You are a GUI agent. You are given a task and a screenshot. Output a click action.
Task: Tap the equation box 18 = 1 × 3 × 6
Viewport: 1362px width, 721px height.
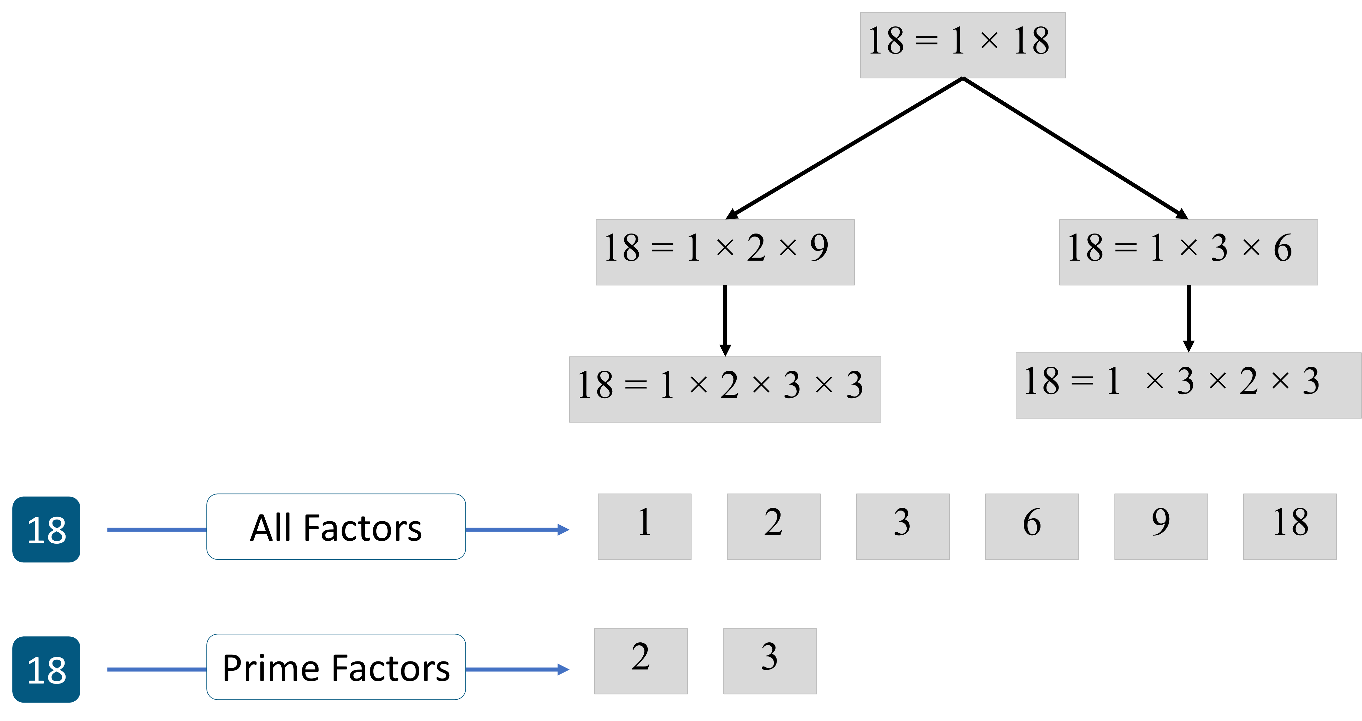(x=1188, y=252)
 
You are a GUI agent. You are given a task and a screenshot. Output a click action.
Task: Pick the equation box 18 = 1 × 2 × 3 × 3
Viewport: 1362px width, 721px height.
(x=724, y=389)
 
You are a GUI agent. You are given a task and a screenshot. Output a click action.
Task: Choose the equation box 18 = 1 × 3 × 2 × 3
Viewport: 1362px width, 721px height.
(x=1188, y=385)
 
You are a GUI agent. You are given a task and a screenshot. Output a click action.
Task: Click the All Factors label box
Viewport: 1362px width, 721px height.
(x=336, y=527)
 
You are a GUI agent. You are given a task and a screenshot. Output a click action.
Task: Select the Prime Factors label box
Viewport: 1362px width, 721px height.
(x=336, y=667)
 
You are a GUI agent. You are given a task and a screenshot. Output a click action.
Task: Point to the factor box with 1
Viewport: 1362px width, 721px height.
(x=644, y=527)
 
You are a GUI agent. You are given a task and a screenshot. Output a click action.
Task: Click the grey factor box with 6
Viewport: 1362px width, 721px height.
(x=1031, y=527)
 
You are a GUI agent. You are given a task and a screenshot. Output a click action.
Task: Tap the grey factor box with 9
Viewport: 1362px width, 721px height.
(x=1161, y=527)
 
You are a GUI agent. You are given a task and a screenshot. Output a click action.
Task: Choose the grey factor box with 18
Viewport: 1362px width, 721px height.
(x=1289, y=527)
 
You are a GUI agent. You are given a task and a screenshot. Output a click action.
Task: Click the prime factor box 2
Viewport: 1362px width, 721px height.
(x=640, y=661)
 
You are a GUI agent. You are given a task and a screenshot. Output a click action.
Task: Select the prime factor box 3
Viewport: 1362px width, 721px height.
(x=769, y=661)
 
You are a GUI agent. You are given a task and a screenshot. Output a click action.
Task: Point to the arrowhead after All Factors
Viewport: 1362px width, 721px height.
(x=564, y=530)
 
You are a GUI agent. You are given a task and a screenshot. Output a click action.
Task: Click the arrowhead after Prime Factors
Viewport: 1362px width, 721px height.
(x=564, y=670)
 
